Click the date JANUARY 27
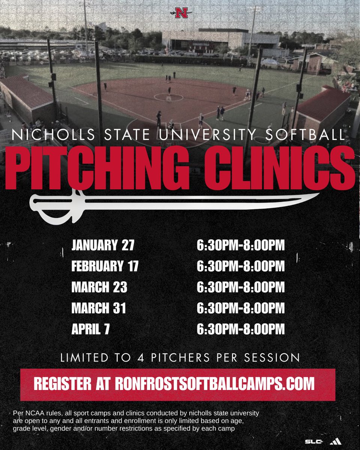103,246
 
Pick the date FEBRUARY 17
105,267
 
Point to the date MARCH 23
99,288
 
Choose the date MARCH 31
99,309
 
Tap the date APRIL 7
90,330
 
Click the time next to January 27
241,246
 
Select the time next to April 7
241,330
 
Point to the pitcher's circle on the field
168,97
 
